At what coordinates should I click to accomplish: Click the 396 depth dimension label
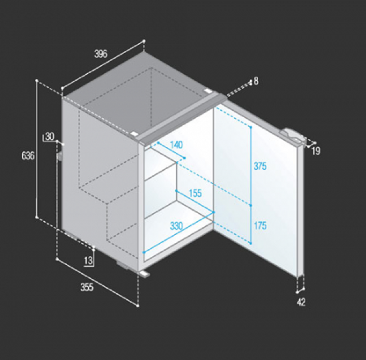pyautogui.click(x=101, y=54)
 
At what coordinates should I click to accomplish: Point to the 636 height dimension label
pyautogui.click(x=28, y=156)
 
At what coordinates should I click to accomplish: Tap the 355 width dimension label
pyautogui.click(x=87, y=287)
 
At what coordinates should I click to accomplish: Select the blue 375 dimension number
pyautogui.click(x=260, y=166)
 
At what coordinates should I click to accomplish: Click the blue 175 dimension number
pyautogui.click(x=260, y=225)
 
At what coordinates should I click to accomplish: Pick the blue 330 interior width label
pyautogui.click(x=176, y=226)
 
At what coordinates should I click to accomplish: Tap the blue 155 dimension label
pyautogui.click(x=195, y=193)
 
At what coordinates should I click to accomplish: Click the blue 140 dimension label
pyautogui.click(x=176, y=145)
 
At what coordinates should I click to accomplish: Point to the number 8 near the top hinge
pyautogui.click(x=256, y=81)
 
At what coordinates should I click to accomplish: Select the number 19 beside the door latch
pyautogui.click(x=316, y=151)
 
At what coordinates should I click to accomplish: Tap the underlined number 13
pyautogui.click(x=88, y=261)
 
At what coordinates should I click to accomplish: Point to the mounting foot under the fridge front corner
pyautogui.click(x=144, y=274)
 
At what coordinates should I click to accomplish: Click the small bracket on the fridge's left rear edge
pyautogui.click(x=59, y=157)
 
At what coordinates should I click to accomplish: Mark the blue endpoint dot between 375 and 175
pyautogui.click(x=251, y=205)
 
